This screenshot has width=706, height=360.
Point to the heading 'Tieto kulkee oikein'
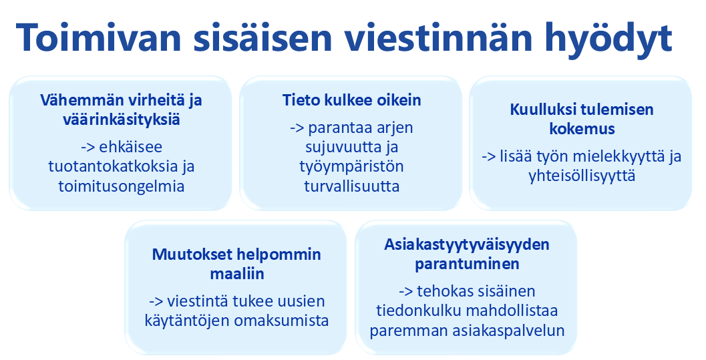pyautogui.click(x=352, y=101)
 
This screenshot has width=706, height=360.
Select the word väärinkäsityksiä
pyautogui.click(x=121, y=121)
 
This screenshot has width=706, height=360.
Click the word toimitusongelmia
pyautogui.click(x=121, y=186)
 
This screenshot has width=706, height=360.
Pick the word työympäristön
pyautogui.click(x=351, y=166)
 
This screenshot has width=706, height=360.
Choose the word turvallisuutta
pyautogui.click(x=351, y=186)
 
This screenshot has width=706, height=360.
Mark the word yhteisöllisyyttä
pyautogui.click(x=581, y=176)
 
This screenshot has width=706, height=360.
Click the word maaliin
pyautogui.click(x=236, y=275)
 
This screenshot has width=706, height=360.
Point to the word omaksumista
pyautogui.click(x=281, y=320)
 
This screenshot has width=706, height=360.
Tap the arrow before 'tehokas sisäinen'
pyautogui.click(x=405, y=291)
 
